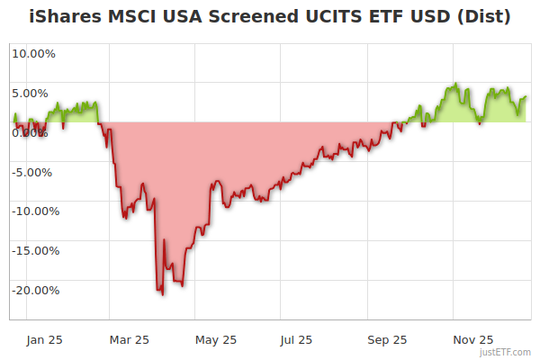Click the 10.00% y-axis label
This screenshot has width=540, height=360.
click(33, 53)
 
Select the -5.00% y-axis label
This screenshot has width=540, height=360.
click(34, 172)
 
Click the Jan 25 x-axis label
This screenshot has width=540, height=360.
click(44, 339)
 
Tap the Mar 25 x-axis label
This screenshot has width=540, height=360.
click(129, 339)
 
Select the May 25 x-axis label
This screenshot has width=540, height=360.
click(216, 339)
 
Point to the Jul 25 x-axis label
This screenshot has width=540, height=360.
click(296, 339)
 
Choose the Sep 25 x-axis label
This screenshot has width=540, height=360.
click(388, 339)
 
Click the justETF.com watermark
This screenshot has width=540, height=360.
click(505, 352)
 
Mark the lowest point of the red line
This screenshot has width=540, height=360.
click(162, 294)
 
